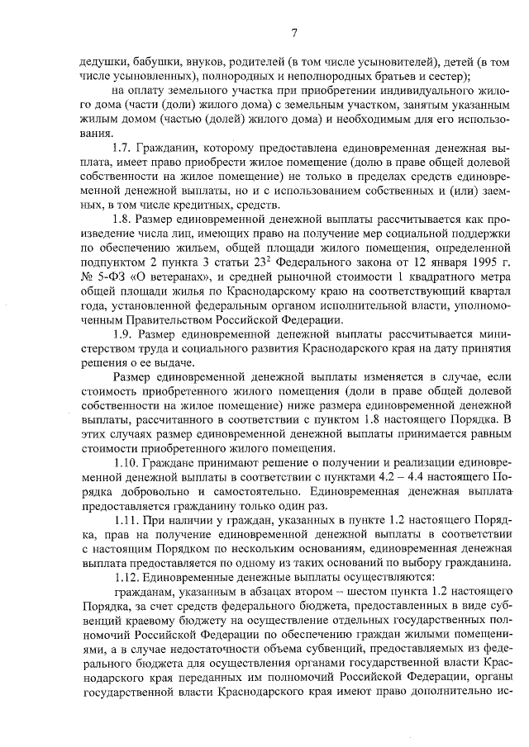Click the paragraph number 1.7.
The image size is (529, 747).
pyautogui.click(x=122, y=147)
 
